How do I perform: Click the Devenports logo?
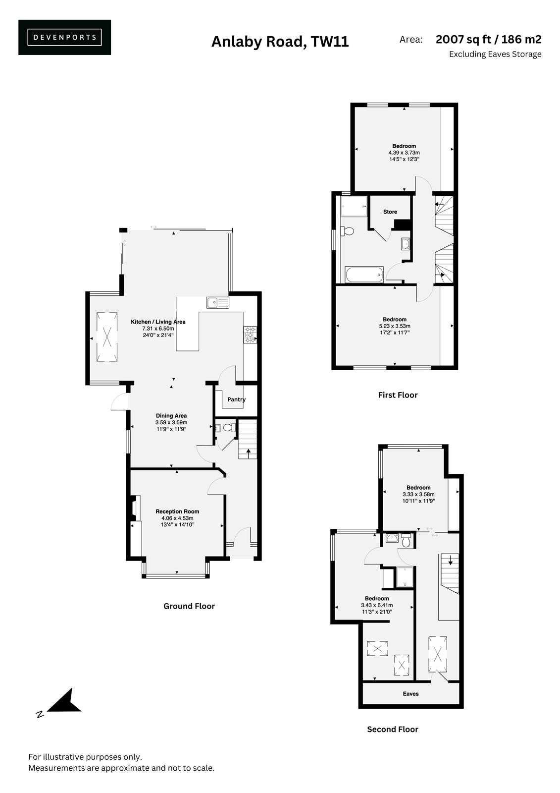(x=64, y=37)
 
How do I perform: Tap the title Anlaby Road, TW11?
(x=280, y=42)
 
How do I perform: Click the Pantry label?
(x=236, y=399)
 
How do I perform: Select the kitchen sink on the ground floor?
(x=218, y=302)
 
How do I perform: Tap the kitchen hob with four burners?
(x=250, y=335)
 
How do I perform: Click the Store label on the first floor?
(x=390, y=212)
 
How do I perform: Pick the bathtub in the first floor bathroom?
(x=364, y=275)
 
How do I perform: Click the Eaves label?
(x=410, y=694)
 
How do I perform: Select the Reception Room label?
(x=177, y=511)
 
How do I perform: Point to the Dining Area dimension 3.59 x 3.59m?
(x=171, y=422)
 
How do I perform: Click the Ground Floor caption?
(x=189, y=606)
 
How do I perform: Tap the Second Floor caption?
(x=393, y=729)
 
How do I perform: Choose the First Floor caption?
(x=398, y=395)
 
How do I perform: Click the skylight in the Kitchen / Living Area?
(x=107, y=337)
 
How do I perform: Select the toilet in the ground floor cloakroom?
(x=230, y=427)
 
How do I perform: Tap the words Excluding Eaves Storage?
(x=495, y=54)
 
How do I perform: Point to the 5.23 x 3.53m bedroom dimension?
(x=395, y=326)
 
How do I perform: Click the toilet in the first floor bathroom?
(x=347, y=231)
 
